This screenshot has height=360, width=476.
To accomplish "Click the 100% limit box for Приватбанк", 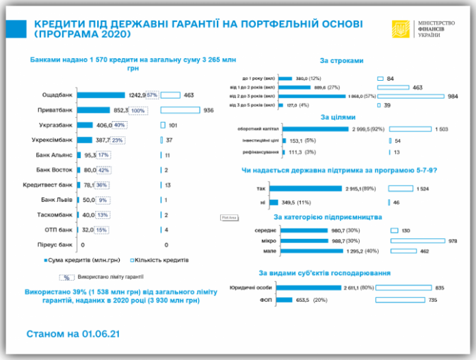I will coord(139,110).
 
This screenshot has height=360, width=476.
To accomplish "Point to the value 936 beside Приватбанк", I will coord(209,110).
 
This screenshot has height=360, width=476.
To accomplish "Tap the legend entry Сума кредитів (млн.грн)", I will coord(88,260).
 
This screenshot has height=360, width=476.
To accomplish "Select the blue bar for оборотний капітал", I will coord(320,129).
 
